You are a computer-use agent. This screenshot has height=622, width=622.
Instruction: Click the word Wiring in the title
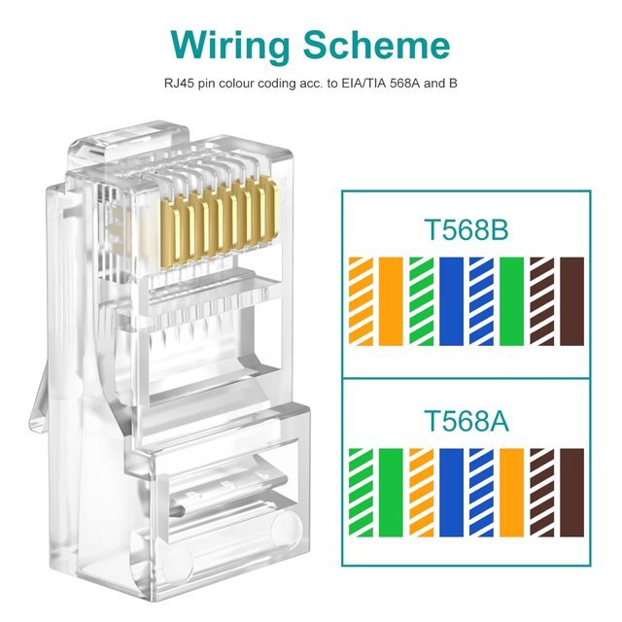tap(230, 46)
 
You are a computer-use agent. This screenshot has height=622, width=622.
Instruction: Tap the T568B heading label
tap(466, 229)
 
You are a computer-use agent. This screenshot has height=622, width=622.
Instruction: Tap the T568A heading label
tap(466, 421)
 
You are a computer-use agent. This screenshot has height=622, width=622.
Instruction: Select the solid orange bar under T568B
tap(391, 301)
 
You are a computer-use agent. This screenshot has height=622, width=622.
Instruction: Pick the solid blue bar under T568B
tap(451, 301)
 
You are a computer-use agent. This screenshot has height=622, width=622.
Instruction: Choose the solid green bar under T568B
tap(512, 301)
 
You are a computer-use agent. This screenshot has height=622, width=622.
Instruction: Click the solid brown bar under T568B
tap(572, 301)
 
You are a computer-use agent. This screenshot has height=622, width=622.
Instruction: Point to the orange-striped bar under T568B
tap(361, 301)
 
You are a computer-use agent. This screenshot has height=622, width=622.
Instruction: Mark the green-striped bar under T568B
tap(421, 301)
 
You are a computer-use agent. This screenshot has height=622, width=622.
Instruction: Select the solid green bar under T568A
tap(391, 493)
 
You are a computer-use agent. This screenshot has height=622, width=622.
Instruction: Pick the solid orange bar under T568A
tap(512, 493)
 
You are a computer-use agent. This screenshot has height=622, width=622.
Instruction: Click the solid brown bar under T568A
tap(572, 493)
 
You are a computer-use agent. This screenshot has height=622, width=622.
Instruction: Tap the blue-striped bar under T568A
tap(482, 493)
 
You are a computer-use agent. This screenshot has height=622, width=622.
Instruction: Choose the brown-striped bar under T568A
tap(542, 493)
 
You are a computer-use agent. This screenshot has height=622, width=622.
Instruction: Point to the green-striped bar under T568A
tap(361, 493)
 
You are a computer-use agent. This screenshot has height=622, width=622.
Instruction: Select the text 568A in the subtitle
tap(405, 84)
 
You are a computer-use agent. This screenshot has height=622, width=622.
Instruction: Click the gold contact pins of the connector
tap(219, 225)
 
